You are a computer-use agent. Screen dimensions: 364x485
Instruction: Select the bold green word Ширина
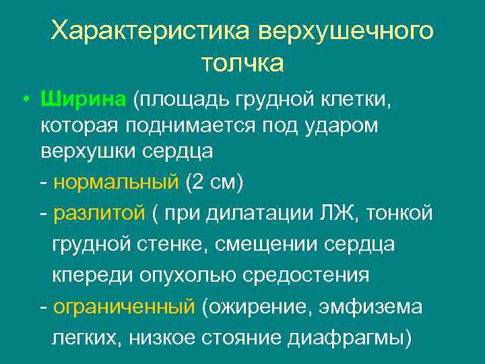pyautogui.click(x=83, y=100)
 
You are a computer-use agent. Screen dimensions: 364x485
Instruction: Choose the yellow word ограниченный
pyautogui.click(x=124, y=307)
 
